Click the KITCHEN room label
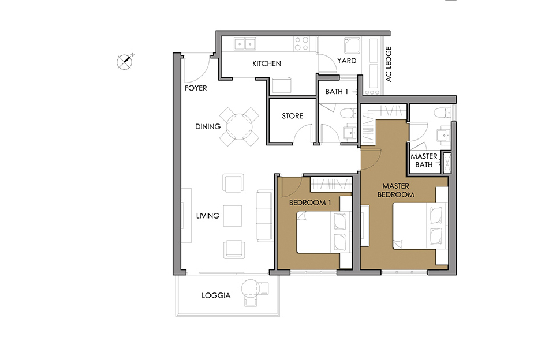(266, 63)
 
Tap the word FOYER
(196, 88)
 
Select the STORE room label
(293, 116)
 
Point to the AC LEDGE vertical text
(389, 64)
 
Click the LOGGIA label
(216, 296)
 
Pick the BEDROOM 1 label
(310, 202)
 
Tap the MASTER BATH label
(424, 160)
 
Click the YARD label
(347, 61)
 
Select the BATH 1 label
(337, 92)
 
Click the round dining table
(239, 127)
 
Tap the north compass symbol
(125, 62)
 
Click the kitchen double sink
(245, 44)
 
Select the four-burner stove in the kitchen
(301, 44)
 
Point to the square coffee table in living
(233, 216)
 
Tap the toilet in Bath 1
(349, 114)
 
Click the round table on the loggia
(249, 287)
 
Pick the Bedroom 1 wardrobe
(331, 184)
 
